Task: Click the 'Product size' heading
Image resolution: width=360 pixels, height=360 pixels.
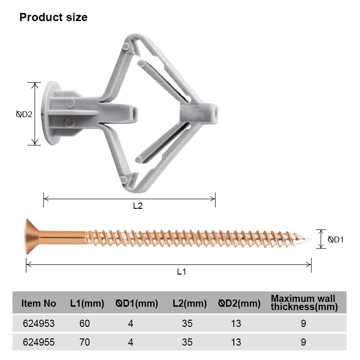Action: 53,17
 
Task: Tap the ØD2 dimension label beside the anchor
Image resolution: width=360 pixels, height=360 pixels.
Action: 24,114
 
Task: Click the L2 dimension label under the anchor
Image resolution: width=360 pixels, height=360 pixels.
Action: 138,206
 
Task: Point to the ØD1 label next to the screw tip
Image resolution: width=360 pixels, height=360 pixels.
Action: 336,240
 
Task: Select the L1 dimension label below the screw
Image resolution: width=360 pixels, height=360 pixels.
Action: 181,272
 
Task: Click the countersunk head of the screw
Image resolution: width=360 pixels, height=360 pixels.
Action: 32,237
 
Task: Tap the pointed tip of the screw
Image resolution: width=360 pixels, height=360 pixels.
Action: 311,239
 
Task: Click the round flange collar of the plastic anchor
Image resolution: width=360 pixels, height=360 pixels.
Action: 49,113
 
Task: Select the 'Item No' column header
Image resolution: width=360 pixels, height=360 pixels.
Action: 38,303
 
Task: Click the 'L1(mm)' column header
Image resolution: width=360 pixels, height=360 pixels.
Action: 87,303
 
